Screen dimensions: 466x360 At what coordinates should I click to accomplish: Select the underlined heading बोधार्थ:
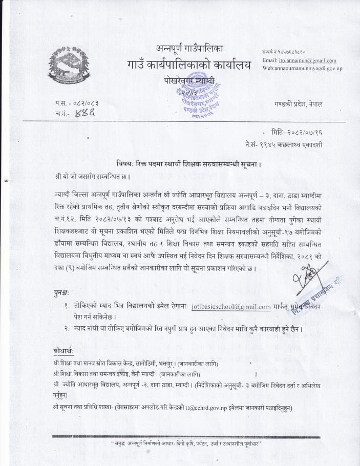(x=63, y=351)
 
